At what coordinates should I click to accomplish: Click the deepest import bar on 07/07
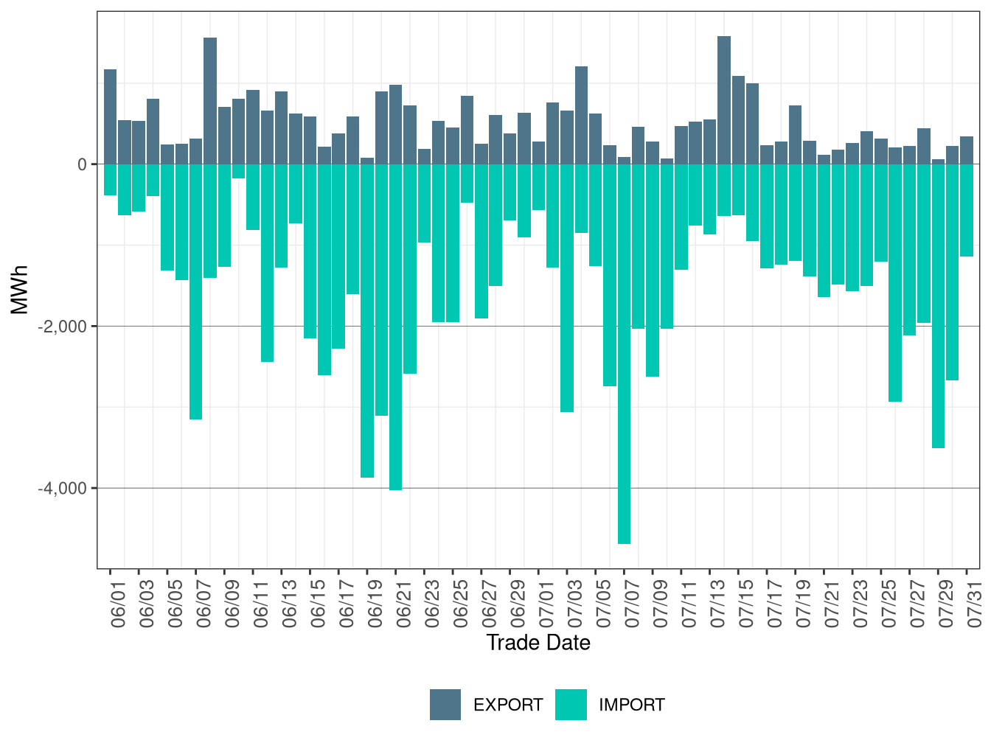(x=624, y=354)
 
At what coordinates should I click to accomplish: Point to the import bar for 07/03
(x=567, y=287)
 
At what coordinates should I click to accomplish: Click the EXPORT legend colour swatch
(x=445, y=705)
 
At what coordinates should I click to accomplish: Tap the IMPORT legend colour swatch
(x=571, y=705)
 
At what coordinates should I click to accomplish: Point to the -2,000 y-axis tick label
(x=62, y=327)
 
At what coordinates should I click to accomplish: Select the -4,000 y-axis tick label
(x=62, y=489)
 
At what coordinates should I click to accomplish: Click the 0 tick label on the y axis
(x=82, y=164)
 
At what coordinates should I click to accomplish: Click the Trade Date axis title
(x=538, y=643)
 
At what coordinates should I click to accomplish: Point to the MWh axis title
(x=20, y=290)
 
